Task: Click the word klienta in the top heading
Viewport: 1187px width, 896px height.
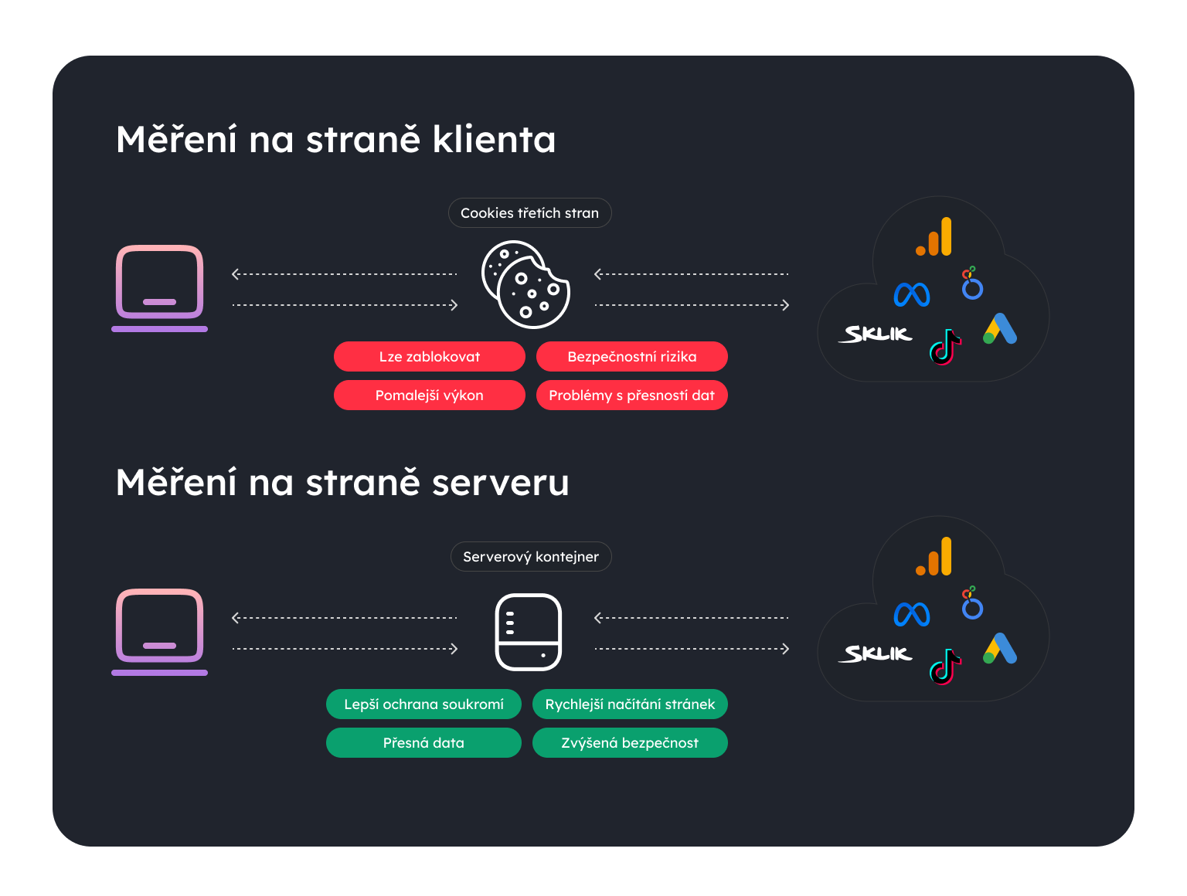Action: tap(494, 140)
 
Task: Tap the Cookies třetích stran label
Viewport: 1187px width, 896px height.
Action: tap(529, 213)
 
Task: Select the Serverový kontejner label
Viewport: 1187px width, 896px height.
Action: tap(531, 557)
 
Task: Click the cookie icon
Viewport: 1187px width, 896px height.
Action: tap(525, 285)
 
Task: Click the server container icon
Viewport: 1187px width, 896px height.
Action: tap(528, 632)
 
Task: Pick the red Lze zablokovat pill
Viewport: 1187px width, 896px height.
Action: tap(429, 357)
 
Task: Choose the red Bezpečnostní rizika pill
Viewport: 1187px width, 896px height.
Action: tap(631, 357)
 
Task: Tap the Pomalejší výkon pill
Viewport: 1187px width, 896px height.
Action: tap(429, 395)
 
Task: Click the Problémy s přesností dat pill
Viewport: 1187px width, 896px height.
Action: tap(631, 395)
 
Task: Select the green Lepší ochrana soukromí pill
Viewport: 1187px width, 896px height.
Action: tap(423, 704)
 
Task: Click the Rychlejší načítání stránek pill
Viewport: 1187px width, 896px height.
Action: tap(630, 704)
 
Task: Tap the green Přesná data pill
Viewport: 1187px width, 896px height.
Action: tap(423, 743)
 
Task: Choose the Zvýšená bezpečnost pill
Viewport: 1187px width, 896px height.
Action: tap(630, 743)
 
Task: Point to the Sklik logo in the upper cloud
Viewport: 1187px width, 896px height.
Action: tap(876, 334)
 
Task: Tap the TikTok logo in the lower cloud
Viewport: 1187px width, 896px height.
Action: tap(944, 667)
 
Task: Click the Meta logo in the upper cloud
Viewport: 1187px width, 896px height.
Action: tap(912, 294)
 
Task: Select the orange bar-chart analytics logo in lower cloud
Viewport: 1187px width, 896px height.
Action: tap(934, 557)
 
